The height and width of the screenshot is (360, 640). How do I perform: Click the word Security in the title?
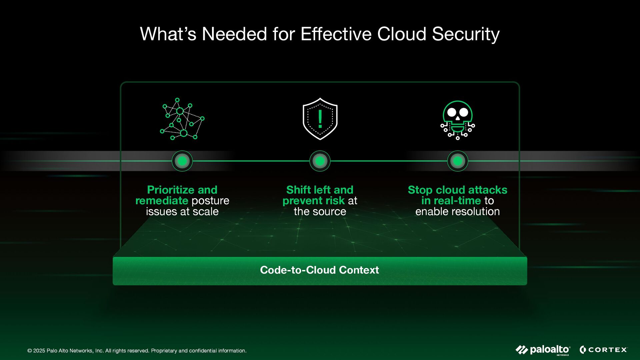coord(466,34)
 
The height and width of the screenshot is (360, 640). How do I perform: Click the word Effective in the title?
coord(336,34)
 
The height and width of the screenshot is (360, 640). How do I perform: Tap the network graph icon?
coord(182,119)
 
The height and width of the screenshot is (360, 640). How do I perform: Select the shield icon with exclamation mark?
coord(320,119)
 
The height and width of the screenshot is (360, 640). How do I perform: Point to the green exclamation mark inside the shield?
coord(320,119)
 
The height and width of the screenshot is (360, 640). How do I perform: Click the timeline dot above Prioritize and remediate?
coord(182,161)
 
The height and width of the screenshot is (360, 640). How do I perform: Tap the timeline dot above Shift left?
coord(320,161)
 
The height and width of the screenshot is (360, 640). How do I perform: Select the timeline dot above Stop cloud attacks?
coord(458,161)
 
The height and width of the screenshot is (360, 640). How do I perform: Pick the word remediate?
coord(162,201)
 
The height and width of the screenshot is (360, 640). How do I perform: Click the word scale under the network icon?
coord(206,212)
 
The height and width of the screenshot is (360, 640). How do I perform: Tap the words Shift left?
coord(308,190)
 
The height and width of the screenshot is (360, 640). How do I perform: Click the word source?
coord(329,212)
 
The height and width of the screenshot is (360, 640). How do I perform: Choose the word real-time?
coord(451,201)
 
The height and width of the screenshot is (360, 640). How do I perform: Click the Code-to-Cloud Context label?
coord(319,270)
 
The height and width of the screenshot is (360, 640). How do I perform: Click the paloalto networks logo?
coord(543,350)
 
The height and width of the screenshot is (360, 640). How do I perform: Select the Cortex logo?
coord(603,350)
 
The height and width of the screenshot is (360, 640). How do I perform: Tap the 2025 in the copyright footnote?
coord(39,351)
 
